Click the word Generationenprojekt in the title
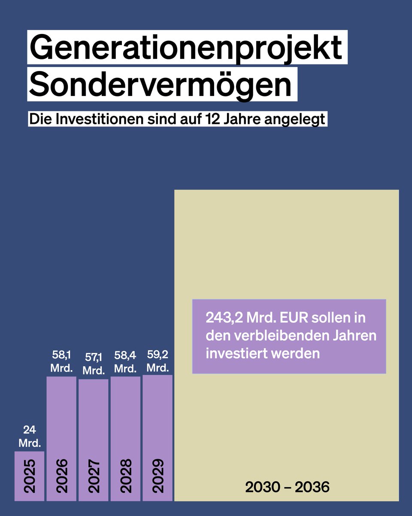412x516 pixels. [x=187, y=48]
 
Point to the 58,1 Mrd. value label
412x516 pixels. [x=61, y=362]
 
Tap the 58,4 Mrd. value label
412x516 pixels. [x=125, y=362]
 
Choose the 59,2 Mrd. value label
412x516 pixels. [x=158, y=361]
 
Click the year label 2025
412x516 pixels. [x=29, y=476]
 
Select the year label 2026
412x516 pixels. [x=61, y=476]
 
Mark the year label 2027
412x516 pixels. [x=94, y=476]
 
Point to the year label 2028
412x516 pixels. [x=125, y=476]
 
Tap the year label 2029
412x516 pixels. [x=158, y=476]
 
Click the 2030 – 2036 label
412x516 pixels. [x=287, y=487]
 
